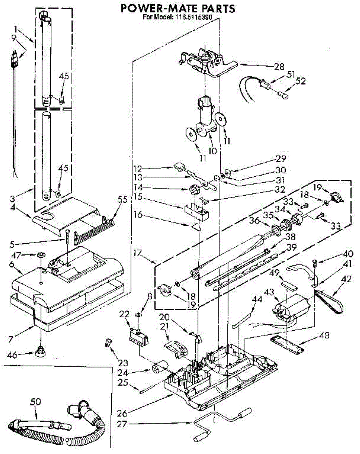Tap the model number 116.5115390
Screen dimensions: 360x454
pos(192,17)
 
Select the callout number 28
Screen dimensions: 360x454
pos(279,67)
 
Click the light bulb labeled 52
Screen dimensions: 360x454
pos(283,95)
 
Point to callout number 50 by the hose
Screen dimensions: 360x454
pos(35,402)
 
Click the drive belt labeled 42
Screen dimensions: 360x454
pos(328,301)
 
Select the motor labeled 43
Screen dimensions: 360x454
pos(291,308)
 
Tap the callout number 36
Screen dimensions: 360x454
pos(254,220)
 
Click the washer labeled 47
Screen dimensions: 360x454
pos(40,255)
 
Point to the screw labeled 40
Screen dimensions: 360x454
pos(315,263)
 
